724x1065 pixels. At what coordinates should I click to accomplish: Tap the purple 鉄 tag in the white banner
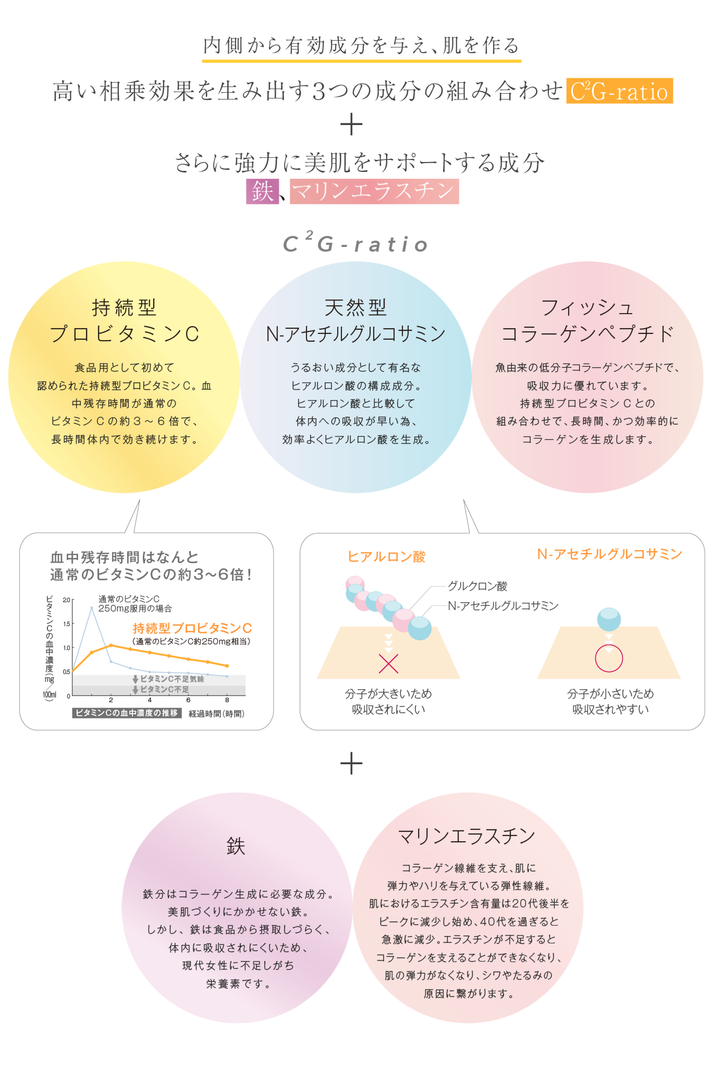point(262,191)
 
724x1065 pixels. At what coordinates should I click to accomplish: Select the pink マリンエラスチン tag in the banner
point(374,191)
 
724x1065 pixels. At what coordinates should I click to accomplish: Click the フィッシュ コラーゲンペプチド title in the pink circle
point(587,321)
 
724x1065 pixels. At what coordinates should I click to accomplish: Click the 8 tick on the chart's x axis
point(227,700)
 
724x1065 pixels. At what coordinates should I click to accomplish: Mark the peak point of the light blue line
point(92,608)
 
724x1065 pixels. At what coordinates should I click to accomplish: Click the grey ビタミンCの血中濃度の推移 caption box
point(126,713)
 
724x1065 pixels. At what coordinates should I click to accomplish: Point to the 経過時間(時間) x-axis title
point(216,714)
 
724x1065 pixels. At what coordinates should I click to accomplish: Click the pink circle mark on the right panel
point(609,658)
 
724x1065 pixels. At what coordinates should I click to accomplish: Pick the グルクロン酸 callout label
point(477,586)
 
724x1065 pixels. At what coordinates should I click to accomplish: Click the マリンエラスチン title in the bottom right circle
point(466,836)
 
